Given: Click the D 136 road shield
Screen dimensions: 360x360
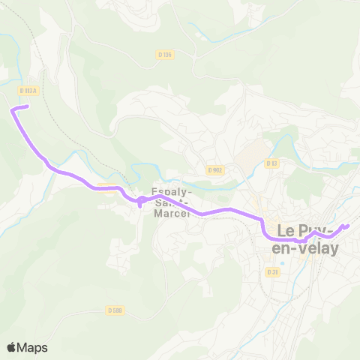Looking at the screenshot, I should [166, 54].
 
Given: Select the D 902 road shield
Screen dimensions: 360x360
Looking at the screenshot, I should [216, 170].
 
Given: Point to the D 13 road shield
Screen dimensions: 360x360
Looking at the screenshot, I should [271, 163].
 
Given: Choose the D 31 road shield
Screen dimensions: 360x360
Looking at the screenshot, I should [272, 271].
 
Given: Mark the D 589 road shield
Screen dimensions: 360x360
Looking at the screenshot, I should [114, 310].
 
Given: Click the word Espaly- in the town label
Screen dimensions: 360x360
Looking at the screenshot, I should [172, 191].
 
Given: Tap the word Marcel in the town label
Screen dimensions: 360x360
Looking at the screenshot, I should [172, 213].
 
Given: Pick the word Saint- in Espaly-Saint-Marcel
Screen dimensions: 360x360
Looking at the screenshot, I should [172, 202].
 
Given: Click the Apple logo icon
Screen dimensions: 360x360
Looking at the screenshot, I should [12, 347].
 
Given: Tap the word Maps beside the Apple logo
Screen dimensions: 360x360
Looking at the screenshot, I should [32, 347].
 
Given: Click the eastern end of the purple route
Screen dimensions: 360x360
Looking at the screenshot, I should [347, 225].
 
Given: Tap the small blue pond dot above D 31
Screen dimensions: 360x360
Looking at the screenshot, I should [282, 262].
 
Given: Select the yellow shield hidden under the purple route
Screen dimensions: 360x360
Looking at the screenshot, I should [106, 188].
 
